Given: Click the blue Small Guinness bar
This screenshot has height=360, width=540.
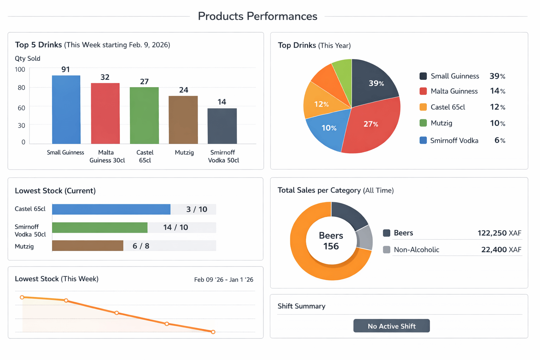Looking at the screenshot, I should [x=66, y=110].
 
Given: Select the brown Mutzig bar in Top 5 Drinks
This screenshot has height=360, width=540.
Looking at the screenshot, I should [x=183, y=120].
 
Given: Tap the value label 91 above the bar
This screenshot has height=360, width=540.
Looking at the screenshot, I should [x=65, y=70].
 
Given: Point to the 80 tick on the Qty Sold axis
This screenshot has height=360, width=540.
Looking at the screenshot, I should [x=21, y=88].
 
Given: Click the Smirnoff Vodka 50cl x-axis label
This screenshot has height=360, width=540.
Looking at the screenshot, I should [x=223, y=156].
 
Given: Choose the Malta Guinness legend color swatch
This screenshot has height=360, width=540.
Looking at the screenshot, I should [x=423, y=91].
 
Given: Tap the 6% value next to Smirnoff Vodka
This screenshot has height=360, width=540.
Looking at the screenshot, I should [x=500, y=140].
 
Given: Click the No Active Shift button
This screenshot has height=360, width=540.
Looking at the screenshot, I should [x=391, y=326].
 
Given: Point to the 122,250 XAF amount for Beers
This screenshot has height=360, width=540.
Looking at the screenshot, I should [x=499, y=233].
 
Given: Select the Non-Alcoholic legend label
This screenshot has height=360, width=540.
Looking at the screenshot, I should [x=416, y=250].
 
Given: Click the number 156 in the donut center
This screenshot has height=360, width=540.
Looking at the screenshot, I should [x=331, y=246].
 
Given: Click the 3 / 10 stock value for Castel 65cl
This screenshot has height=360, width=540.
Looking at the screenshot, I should [x=197, y=210].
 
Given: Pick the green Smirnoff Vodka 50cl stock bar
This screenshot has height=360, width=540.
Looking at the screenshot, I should [x=99, y=227].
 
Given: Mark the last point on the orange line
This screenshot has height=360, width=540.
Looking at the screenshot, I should [x=213, y=332].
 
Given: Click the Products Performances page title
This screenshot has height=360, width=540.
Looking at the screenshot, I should [x=257, y=16].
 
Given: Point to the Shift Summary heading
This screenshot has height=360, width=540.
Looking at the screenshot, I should [x=301, y=306].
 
